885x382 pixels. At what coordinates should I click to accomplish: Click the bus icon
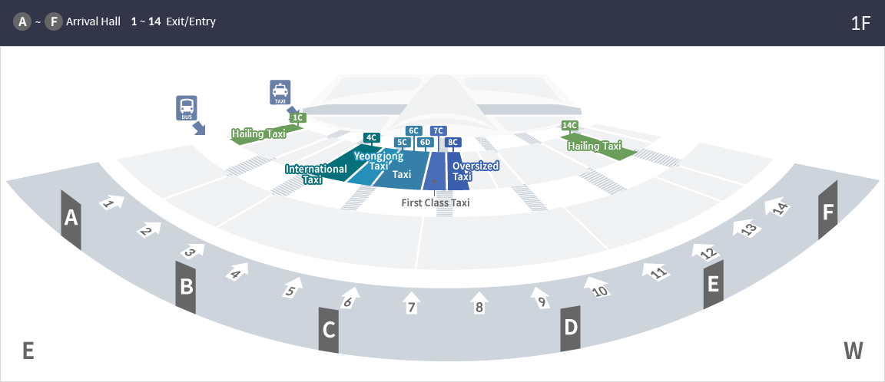pyautogui.click(x=187, y=107)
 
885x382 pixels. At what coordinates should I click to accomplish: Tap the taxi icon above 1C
pyautogui.click(x=280, y=92)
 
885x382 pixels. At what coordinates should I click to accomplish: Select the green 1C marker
pyautogui.click(x=298, y=117)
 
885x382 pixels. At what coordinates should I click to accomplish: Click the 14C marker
pyautogui.click(x=569, y=125)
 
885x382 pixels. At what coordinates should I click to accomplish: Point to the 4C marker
pyautogui.click(x=371, y=138)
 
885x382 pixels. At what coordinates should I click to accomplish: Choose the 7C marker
pyautogui.click(x=439, y=130)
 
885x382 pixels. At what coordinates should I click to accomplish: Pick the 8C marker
pyautogui.click(x=452, y=142)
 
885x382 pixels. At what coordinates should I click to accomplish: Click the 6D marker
pyautogui.click(x=426, y=142)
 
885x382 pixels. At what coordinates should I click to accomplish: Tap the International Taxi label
pyautogui.click(x=316, y=174)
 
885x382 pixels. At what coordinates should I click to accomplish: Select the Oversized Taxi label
pyautogui.click(x=476, y=171)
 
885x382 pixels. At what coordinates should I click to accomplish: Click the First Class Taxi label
pyautogui.click(x=436, y=203)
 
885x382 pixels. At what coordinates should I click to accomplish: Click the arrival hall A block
pyautogui.click(x=71, y=219)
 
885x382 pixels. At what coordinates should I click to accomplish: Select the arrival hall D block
pyautogui.click(x=570, y=328)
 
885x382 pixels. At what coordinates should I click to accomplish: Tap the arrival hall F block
pyautogui.click(x=827, y=211)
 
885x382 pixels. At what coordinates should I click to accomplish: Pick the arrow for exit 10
pyautogui.click(x=595, y=286)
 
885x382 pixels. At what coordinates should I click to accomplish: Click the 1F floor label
pyautogui.click(x=860, y=23)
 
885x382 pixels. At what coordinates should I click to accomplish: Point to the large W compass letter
pyautogui.click(x=854, y=351)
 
